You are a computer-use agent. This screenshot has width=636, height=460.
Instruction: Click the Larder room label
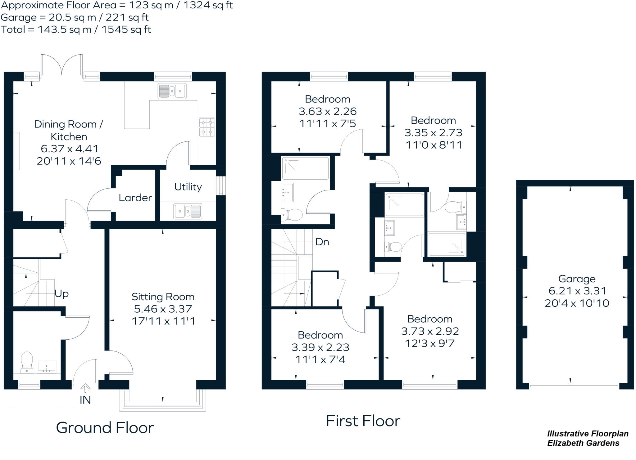135,198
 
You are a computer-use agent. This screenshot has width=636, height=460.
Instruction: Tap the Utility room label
188,187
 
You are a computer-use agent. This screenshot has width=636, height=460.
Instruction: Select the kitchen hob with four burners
207,127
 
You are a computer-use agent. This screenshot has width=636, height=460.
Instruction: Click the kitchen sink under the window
172,91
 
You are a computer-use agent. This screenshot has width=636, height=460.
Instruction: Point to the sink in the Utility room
188,211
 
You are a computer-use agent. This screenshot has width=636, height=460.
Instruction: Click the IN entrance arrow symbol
85,388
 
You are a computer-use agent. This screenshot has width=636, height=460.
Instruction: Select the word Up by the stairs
61,293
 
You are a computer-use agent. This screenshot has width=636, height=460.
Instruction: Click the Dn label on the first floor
322,242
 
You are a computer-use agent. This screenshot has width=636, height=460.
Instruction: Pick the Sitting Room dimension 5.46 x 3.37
163,309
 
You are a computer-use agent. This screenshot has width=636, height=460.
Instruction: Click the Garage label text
577,279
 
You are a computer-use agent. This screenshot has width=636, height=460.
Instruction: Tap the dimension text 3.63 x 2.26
328,111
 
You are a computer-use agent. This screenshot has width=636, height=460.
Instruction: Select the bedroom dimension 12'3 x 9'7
430,343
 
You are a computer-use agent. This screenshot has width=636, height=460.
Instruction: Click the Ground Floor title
105,428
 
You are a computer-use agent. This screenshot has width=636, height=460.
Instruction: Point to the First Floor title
363,421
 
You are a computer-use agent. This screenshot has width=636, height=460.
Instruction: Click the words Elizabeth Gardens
583,443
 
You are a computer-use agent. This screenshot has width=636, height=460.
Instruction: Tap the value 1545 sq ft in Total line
126,29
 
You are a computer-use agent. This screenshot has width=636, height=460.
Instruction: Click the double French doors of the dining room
62,66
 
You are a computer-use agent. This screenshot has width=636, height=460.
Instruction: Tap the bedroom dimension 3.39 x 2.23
320,347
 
